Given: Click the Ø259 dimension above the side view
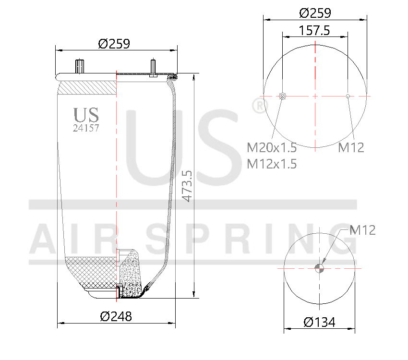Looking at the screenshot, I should coord(114,44).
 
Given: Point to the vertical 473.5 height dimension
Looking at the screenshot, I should coord(188,185).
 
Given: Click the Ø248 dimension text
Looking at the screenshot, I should coord(116,316).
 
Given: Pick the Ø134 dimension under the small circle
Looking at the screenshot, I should coord(319,322).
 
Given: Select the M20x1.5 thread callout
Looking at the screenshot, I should coord(272,147).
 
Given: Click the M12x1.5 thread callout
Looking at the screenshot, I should coord(272,164).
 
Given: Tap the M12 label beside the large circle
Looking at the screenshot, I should coord(351,147).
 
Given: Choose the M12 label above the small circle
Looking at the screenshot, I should coord(362,230).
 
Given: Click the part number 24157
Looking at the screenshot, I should coord(86,128).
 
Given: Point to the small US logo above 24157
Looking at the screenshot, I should coord(86,115).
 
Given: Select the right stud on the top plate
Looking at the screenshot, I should coord(153,67).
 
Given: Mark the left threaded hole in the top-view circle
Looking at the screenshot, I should coord(282,96).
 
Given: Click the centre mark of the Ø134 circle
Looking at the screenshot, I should coord(320,268).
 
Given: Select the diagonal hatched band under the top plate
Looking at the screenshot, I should coord(87,88).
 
